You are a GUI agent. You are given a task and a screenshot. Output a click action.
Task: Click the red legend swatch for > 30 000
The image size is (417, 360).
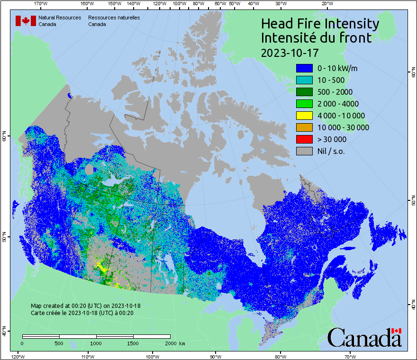[304, 139]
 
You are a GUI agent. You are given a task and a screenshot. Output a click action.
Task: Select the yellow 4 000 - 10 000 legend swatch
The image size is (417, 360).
[304, 116]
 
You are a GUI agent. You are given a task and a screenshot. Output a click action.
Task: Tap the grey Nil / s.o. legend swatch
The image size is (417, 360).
[304, 151]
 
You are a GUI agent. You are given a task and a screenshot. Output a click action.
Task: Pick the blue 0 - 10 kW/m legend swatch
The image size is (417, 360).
[304, 68]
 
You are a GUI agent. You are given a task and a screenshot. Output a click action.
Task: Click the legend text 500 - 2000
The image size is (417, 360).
[335, 92]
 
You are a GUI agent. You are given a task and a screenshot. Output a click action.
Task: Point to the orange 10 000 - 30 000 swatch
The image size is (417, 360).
[304, 127]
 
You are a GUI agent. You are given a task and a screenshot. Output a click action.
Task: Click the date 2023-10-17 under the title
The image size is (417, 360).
[290, 52]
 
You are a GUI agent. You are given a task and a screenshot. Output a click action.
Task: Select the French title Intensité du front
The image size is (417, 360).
[317, 38]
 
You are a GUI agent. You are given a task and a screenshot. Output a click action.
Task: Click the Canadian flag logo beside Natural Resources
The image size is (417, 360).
[26, 21]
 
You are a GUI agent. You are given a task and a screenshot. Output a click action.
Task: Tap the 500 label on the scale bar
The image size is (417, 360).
[59, 343]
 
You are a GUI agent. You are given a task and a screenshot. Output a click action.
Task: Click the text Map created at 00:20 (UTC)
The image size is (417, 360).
[85, 306]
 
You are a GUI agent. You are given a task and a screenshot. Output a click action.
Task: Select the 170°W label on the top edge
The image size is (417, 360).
[41, 4]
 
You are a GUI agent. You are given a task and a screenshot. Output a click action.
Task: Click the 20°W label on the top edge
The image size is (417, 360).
[326, 4]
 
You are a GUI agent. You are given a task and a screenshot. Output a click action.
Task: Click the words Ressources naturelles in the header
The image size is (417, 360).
[114, 18]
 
